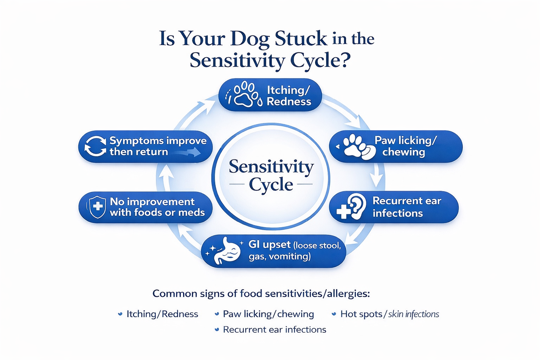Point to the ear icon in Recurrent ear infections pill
coord(356,206)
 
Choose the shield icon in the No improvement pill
coord(97,207)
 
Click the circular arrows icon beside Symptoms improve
coord(95,146)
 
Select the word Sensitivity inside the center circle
coord(271,167)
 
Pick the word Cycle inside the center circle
coord(271,185)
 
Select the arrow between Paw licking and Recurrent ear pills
coord(377,176)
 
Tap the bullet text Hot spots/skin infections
coord(390,314)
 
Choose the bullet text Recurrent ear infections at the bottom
coord(274,330)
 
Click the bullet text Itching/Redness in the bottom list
coord(162,314)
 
